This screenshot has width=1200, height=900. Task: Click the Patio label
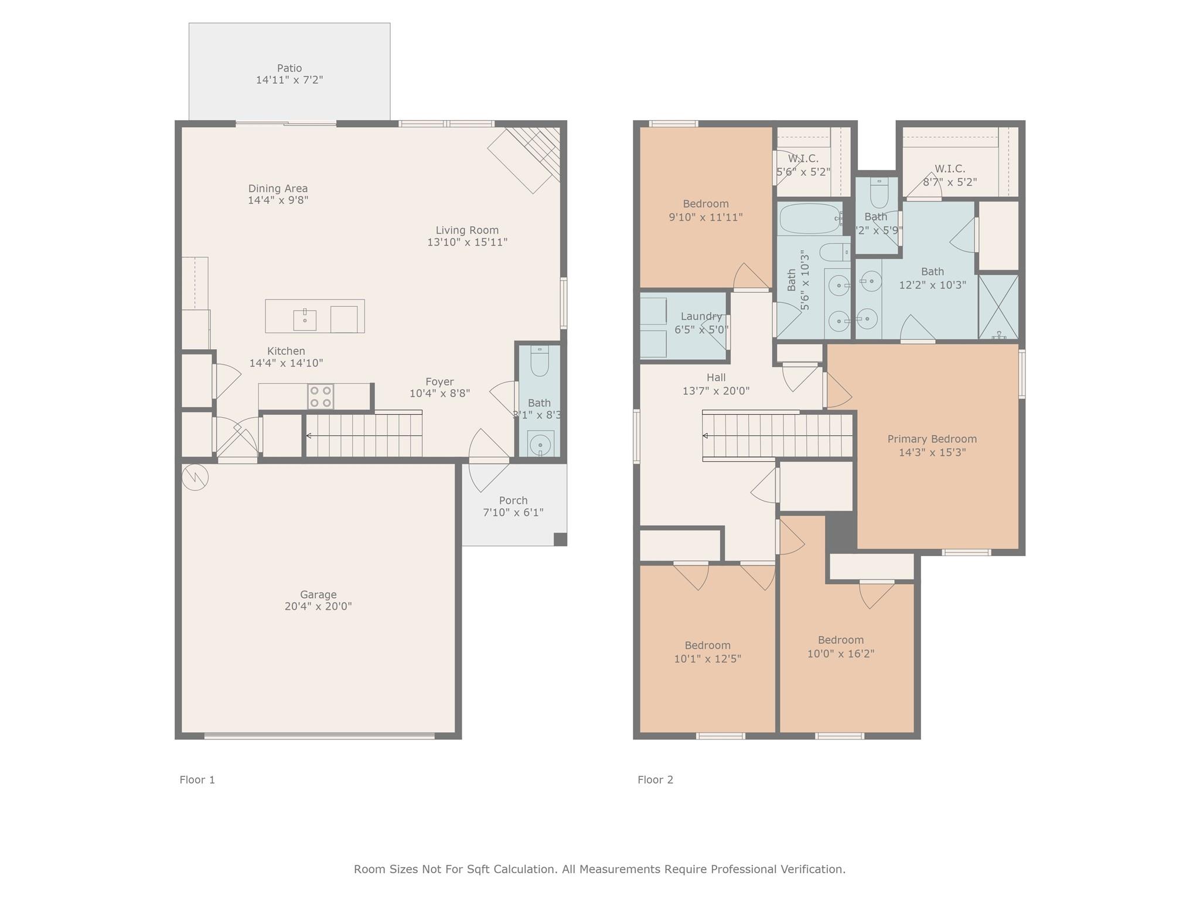pos(289,68)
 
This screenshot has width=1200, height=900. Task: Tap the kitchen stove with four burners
pos(321,397)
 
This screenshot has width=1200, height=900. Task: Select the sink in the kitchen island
pos(305,320)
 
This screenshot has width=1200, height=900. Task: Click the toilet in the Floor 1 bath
pos(540,361)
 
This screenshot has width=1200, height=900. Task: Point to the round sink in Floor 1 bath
pos(540,444)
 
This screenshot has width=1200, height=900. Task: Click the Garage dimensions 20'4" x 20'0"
pos(318,606)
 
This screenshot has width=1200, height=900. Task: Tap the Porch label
pos(513,500)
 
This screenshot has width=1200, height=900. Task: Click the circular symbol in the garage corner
pos(195,477)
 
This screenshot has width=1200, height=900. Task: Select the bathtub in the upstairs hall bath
pos(810,219)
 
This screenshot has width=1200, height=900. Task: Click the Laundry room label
pos(701,316)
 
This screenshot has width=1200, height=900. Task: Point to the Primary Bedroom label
pos(932,439)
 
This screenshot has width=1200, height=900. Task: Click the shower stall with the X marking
pos(999,307)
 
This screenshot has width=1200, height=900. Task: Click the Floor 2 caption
pos(655,780)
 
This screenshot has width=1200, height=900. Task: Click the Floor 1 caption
pos(197,780)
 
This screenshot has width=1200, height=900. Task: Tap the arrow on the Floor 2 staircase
pos(705,436)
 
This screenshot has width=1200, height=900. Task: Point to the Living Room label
pos(467,230)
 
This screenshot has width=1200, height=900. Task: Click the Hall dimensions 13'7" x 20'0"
pos(716,391)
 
